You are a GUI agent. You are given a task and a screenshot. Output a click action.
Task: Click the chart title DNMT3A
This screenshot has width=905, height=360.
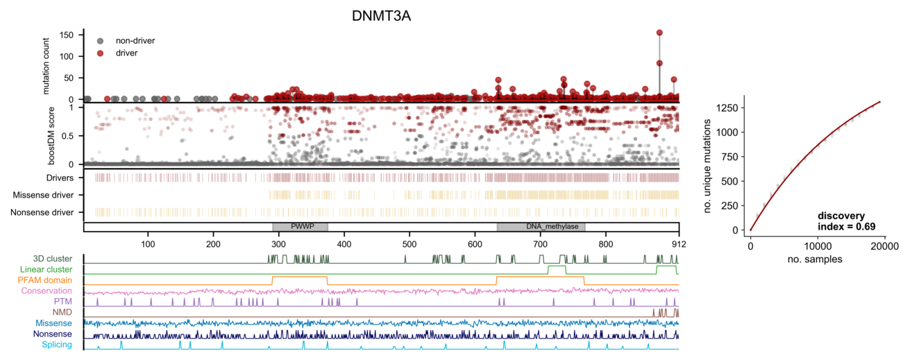[x=381, y=15]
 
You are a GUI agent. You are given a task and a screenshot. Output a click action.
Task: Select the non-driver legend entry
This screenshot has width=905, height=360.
[x=135, y=41]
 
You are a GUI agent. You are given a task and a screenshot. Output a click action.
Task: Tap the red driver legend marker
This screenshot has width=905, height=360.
[x=101, y=53]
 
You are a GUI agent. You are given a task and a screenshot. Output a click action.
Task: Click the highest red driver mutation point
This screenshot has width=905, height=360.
[x=659, y=33]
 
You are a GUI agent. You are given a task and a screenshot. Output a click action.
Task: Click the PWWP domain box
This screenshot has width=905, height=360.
[x=300, y=227]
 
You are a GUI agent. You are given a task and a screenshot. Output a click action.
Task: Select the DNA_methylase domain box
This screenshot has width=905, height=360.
[x=541, y=227]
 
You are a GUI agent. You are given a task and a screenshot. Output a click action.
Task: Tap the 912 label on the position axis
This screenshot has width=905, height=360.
[x=677, y=243]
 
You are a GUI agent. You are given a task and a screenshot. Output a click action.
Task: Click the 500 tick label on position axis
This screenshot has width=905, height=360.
[x=409, y=243]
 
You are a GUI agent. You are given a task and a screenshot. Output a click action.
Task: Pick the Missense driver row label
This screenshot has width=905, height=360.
[x=44, y=195]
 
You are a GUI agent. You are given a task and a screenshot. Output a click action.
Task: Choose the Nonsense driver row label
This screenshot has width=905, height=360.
[x=42, y=212]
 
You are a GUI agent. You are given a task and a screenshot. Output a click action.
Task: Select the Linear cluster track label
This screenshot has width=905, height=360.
[x=45, y=269]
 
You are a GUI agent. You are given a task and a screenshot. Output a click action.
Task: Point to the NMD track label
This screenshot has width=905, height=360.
[x=62, y=312]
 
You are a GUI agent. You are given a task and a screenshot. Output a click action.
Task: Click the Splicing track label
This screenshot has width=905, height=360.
[x=56, y=344]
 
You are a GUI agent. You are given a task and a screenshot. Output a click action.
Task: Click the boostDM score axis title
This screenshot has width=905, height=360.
[x=51, y=135]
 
